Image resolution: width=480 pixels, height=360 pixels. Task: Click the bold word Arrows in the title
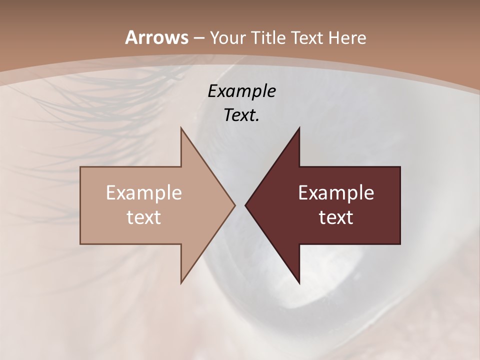(x=156, y=37)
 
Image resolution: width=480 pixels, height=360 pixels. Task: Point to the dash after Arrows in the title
(x=198, y=38)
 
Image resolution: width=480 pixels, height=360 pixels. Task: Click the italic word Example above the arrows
(x=241, y=91)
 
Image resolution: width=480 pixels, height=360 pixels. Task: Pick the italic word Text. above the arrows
(x=241, y=115)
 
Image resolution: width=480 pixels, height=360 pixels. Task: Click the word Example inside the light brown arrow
(x=144, y=193)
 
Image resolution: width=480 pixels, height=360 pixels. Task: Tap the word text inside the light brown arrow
(x=144, y=217)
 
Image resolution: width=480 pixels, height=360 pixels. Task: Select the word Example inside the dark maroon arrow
(x=336, y=193)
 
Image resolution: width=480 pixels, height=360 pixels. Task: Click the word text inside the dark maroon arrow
(x=336, y=217)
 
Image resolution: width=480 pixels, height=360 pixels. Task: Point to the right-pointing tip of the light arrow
(x=235, y=205)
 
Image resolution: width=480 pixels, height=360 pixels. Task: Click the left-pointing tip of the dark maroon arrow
(x=245, y=205)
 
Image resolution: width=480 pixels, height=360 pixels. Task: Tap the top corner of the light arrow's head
(x=181, y=128)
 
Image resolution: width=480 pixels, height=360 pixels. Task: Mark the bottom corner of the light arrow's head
(x=181, y=283)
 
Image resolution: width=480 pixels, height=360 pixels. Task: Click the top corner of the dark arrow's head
(x=299, y=128)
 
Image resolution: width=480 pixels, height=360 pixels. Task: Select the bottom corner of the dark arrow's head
(x=299, y=283)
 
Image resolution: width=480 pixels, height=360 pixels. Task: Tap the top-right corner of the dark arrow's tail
(x=400, y=167)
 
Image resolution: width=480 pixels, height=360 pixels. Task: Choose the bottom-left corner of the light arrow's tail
(x=80, y=244)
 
